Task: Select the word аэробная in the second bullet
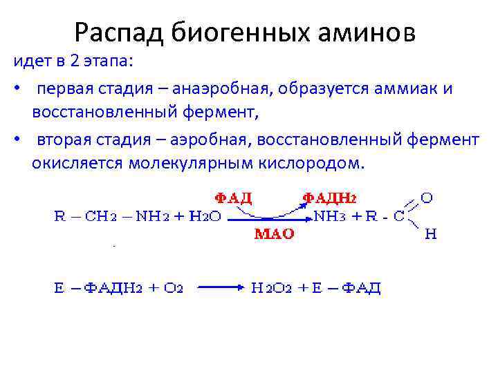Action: pyautogui.click(x=212, y=140)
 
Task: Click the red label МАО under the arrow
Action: pyautogui.click(x=275, y=234)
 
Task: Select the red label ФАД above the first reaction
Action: pyautogui.click(x=230, y=198)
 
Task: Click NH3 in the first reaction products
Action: pyautogui.click(x=331, y=216)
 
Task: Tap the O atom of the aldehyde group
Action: pyautogui.click(x=427, y=199)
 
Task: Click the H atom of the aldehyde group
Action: pyautogui.click(x=430, y=235)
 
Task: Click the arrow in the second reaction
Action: pyautogui.click(x=220, y=287)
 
